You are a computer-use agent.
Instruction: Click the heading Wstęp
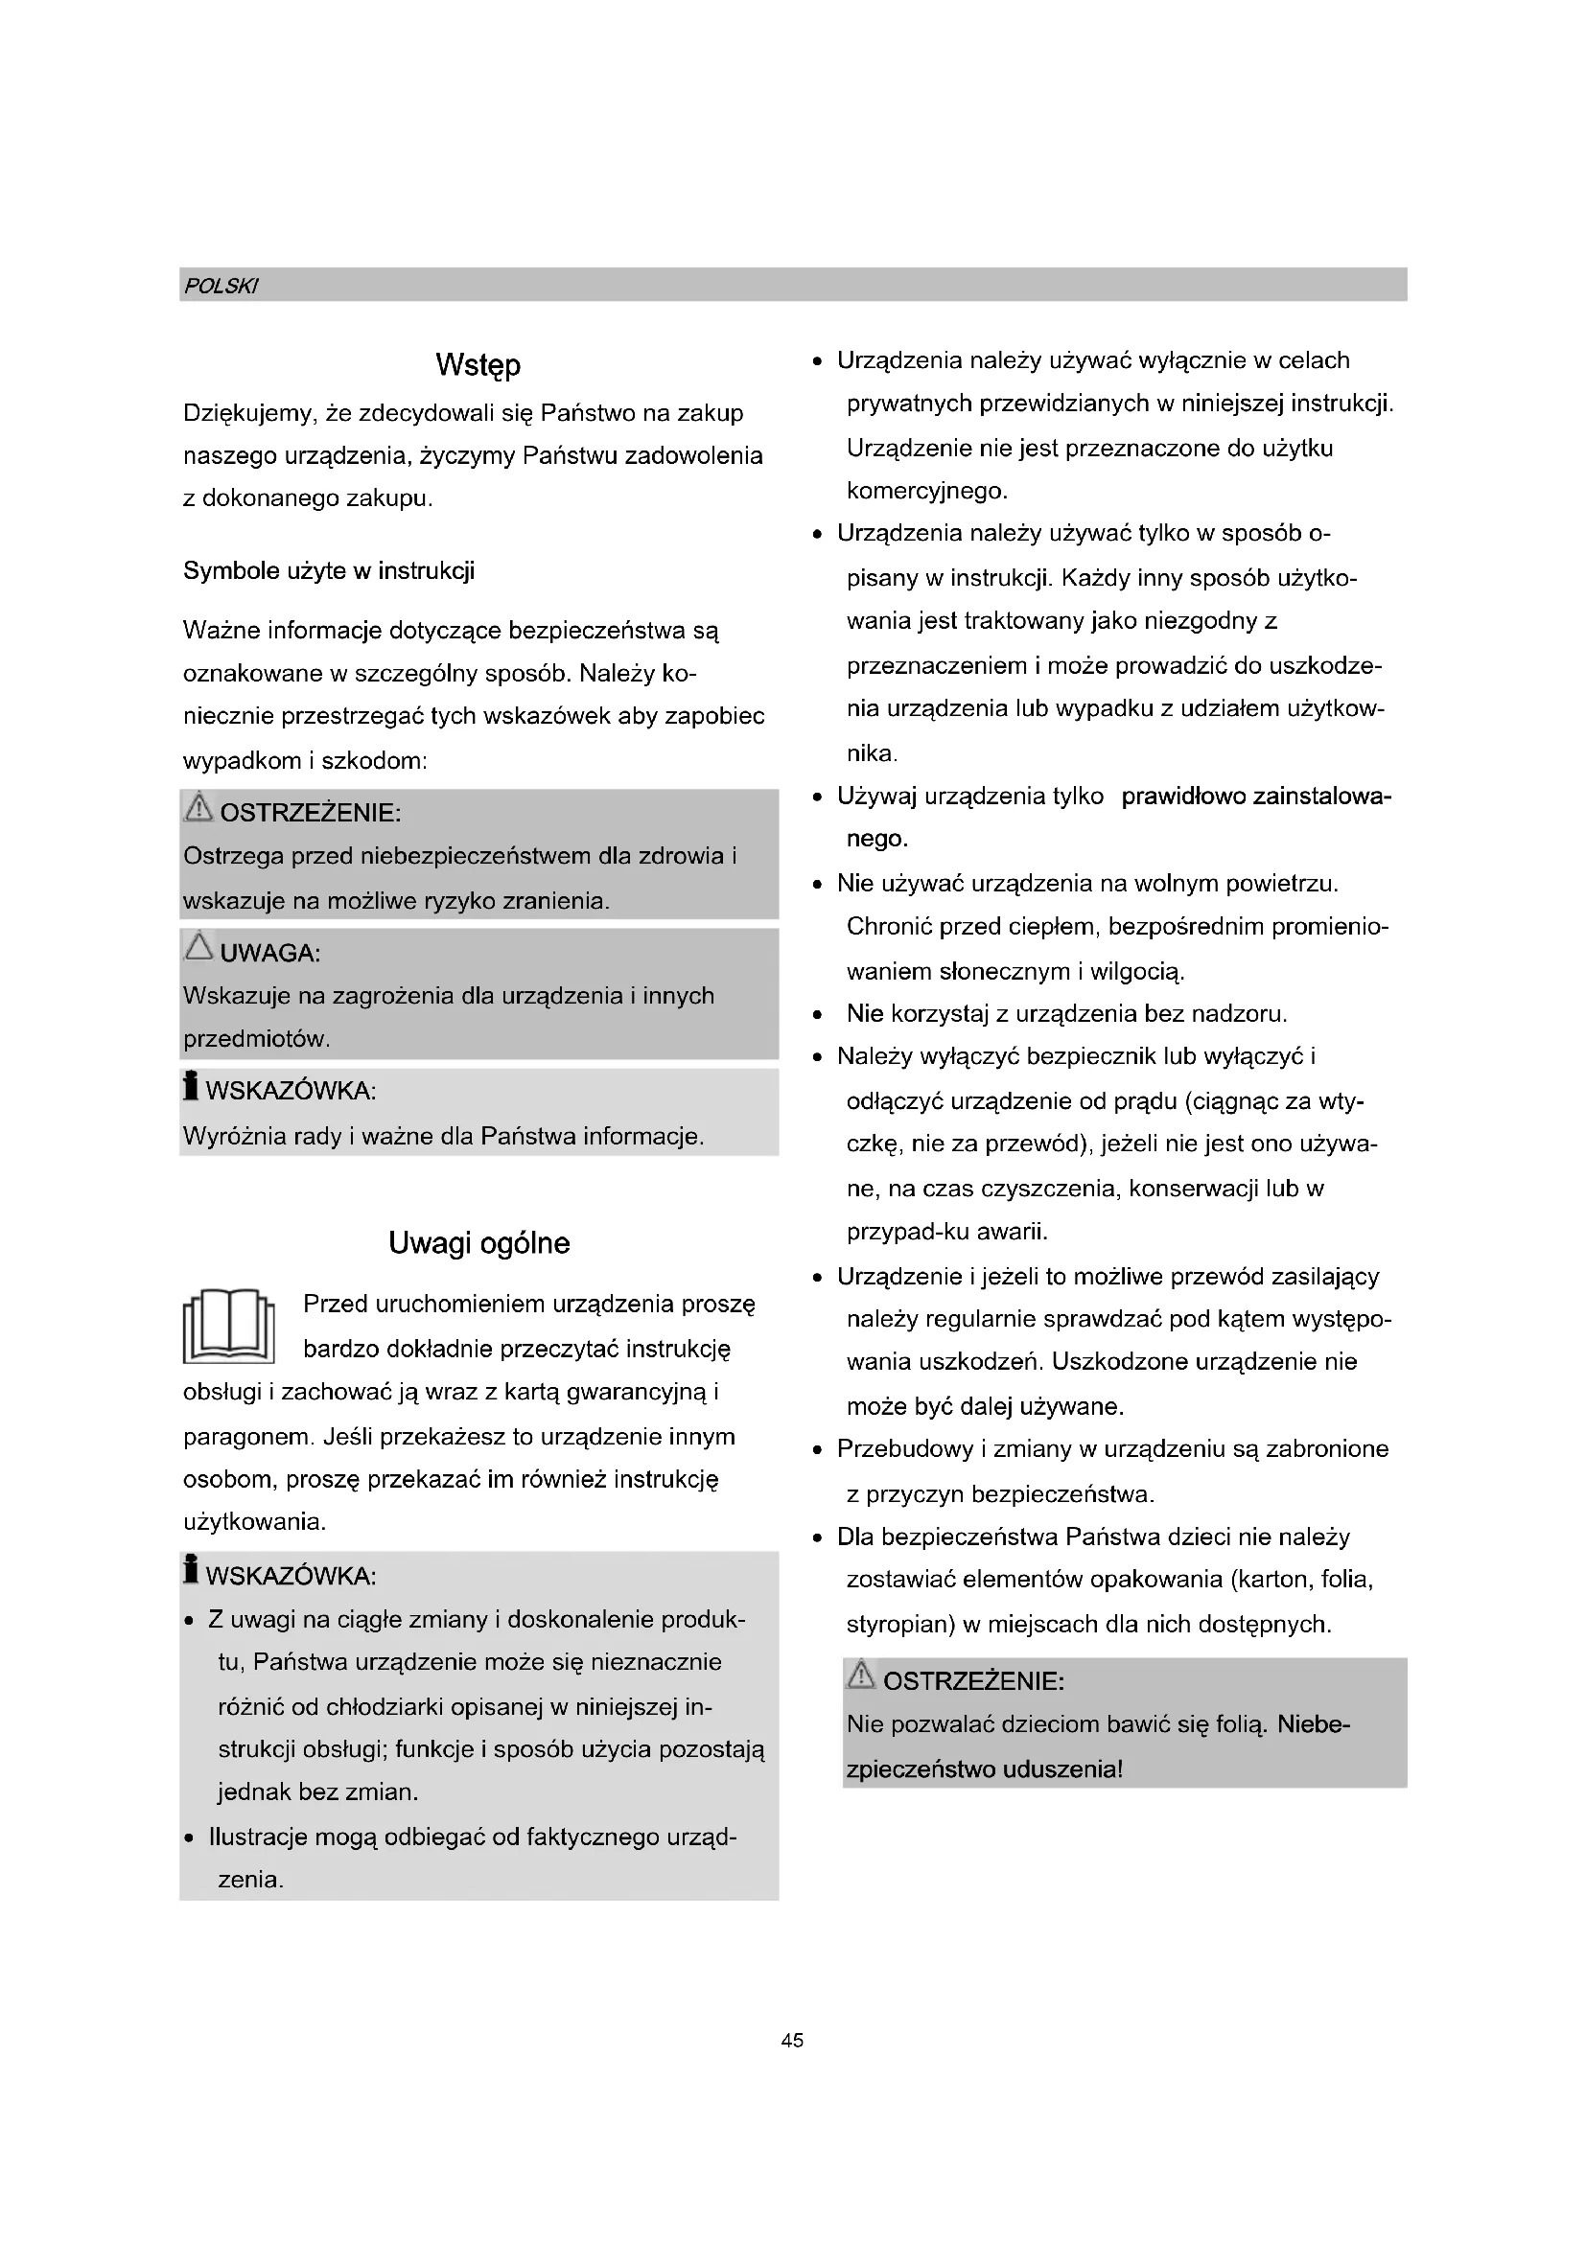(x=478, y=365)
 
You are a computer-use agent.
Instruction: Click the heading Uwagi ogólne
(x=478, y=1243)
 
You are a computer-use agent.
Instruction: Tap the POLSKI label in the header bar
(x=221, y=286)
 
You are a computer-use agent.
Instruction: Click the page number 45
(x=792, y=2040)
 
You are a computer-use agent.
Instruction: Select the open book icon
(x=228, y=1325)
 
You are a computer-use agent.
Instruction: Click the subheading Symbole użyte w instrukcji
(x=328, y=571)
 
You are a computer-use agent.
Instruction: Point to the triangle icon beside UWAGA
(x=198, y=946)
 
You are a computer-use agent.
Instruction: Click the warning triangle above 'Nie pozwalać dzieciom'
(x=860, y=1676)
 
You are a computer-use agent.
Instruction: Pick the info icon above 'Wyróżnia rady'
(x=192, y=1086)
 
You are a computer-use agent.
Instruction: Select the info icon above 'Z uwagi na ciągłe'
(x=192, y=1569)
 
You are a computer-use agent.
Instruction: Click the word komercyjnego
(x=926, y=491)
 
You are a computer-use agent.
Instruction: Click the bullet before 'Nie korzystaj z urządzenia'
(x=815, y=1014)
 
